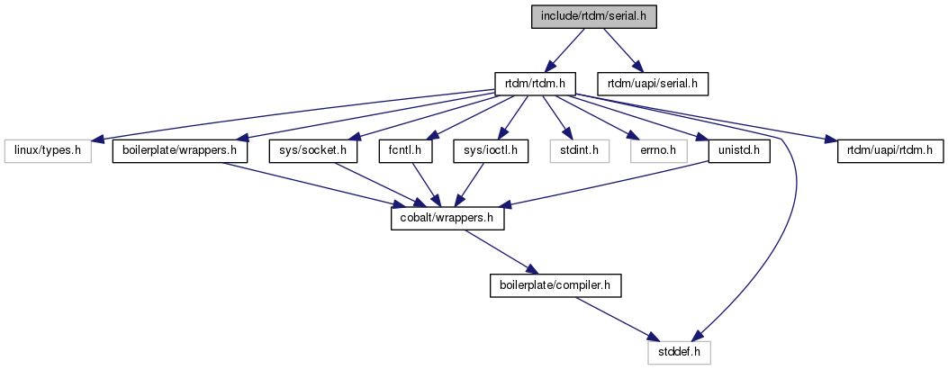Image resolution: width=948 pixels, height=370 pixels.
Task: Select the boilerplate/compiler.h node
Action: [x=555, y=285]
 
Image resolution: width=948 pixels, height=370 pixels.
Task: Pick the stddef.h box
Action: [x=680, y=352]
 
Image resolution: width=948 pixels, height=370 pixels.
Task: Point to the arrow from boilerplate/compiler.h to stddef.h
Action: [x=617, y=319]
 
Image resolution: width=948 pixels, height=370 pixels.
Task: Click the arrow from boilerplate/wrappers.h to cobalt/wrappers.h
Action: [x=306, y=185]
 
